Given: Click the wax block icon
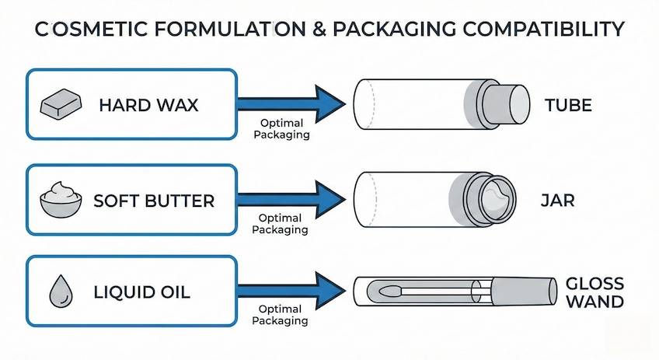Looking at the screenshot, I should pyautogui.click(x=61, y=103).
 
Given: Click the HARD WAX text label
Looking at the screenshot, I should pyautogui.click(x=148, y=104).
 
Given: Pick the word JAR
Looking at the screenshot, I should pyautogui.click(x=556, y=201).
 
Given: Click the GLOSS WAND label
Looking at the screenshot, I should pyautogui.click(x=594, y=292).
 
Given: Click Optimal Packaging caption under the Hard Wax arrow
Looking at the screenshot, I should pyautogui.click(x=285, y=130).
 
